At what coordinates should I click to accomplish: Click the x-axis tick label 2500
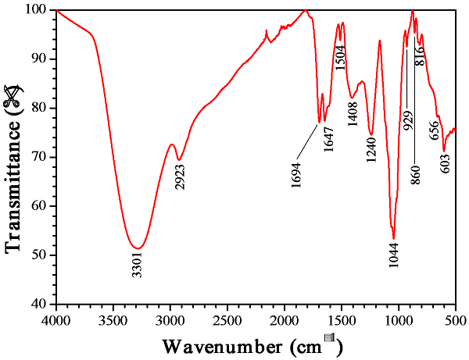tap(227, 320)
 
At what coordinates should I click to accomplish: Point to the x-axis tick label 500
tap(455, 320)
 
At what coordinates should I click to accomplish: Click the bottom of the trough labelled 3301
tap(138, 248)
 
